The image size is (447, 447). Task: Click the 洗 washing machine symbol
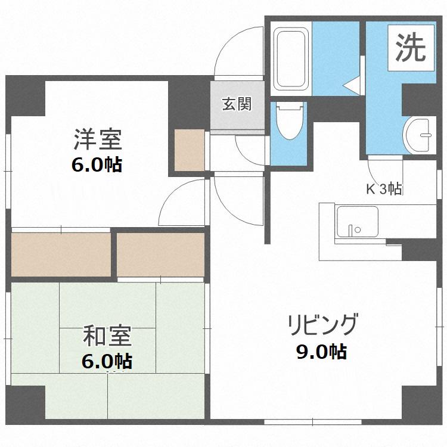pyautogui.click(x=411, y=48)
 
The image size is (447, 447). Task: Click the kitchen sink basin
pyautogui.click(x=358, y=222)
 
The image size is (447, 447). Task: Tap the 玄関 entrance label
pyautogui.click(x=237, y=104)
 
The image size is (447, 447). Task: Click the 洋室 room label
pyautogui.click(x=98, y=139)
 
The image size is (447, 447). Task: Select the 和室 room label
pyautogui.click(x=107, y=336)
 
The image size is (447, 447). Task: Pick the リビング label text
pyautogui.click(x=322, y=325)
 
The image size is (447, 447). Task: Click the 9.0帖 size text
pyautogui.click(x=322, y=352)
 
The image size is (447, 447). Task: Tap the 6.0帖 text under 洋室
pyautogui.click(x=97, y=164)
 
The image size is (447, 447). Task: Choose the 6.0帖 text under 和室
pyautogui.click(x=107, y=361)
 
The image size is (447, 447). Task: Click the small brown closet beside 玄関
pyautogui.click(x=190, y=150)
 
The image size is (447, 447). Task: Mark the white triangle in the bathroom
pyautogui.click(x=352, y=85)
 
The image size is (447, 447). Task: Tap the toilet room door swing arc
pyautogui.click(x=248, y=154)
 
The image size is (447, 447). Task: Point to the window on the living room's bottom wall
pyautogui.click(x=313, y=421)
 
